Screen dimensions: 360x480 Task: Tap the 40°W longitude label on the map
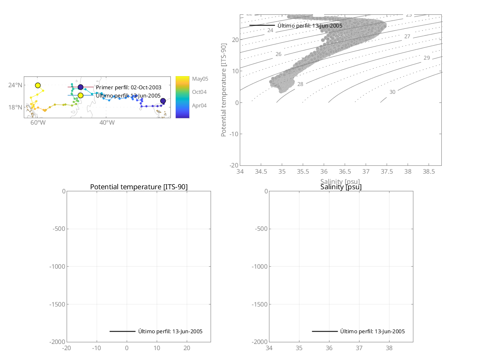point(106,123)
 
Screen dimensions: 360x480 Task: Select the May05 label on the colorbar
point(200,79)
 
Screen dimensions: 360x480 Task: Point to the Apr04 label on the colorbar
point(199,105)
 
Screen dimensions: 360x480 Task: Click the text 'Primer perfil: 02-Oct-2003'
point(128,87)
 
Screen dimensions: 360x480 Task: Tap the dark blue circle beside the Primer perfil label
point(81,87)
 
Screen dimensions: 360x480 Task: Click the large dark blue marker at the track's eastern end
point(163,101)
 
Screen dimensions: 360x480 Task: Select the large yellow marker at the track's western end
point(38,85)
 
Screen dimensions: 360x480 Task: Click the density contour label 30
point(392,92)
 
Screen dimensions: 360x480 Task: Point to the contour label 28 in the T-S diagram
point(300,84)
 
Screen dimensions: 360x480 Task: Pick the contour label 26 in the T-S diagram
point(278,54)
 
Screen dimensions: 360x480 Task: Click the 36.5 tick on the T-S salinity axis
point(345,171)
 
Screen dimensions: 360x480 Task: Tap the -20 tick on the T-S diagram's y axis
point(232,165)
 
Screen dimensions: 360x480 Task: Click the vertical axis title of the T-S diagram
point(224,90)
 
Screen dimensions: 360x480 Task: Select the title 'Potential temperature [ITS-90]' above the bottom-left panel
point(139,187)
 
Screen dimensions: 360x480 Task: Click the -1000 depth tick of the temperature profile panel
point(57,267)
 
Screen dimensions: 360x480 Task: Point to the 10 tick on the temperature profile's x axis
point(157,348)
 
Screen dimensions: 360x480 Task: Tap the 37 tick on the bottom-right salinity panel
point(359,348)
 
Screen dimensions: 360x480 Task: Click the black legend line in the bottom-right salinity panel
point(325,331)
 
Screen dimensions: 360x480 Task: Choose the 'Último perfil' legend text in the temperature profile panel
point(170,331)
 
